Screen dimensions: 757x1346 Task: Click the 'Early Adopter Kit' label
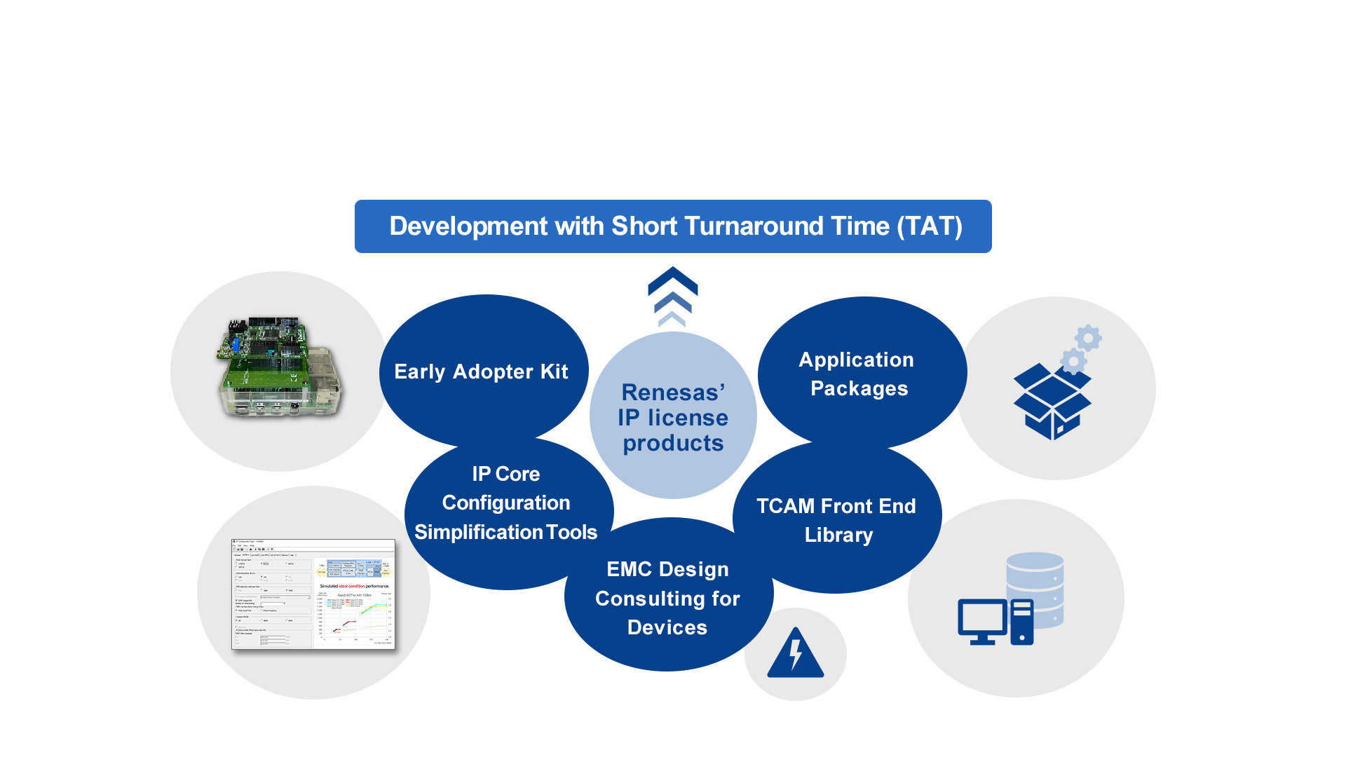[481, 371]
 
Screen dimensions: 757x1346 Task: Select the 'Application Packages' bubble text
[857, 374]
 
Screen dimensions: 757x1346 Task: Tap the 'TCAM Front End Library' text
[836, 520]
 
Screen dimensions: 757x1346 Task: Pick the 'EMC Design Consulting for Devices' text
[667, 598]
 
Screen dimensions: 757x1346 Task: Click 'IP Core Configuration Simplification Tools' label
[505, 503]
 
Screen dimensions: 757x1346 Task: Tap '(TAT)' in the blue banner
[929, 226]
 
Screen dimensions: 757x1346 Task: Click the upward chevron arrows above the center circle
[672, 296]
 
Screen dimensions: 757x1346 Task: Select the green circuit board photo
[278, 368]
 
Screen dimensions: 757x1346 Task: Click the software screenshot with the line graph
[313, 594]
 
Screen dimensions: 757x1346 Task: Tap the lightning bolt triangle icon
[796, 654]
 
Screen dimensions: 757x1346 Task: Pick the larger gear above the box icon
[1088, 339]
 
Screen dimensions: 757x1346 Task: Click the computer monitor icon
[982, 620]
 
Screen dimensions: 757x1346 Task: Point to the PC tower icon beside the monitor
[1022, 622]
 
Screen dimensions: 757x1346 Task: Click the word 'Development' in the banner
[468, 226]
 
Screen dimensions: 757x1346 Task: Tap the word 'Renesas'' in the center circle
[673, 393]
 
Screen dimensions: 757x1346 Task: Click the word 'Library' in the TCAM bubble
[838, 535]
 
